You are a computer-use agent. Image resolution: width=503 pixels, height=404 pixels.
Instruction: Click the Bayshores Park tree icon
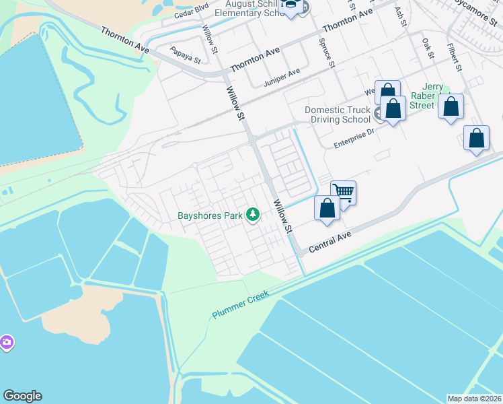coord(253,215)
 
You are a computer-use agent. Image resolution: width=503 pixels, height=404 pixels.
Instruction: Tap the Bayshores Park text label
coord(210,216)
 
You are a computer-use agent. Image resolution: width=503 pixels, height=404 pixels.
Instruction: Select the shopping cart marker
coord(343,193)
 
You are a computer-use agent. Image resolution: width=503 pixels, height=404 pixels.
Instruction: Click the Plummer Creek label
coord(240,304)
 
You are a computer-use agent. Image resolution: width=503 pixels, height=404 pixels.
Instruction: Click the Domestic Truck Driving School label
coord(338,115)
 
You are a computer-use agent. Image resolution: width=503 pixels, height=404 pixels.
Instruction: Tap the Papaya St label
coord(186,55)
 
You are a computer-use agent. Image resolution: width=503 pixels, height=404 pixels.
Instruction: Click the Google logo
coord(22,396)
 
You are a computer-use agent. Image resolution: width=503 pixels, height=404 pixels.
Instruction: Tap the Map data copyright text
coord(474,399)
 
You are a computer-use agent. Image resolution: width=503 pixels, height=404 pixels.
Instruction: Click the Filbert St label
coord(455,58)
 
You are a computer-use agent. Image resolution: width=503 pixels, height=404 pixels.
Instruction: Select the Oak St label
coord(428,48)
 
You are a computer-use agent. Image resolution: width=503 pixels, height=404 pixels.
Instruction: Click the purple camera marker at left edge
coord(6,343)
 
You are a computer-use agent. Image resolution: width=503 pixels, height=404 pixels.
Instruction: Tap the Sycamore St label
coord(479,13)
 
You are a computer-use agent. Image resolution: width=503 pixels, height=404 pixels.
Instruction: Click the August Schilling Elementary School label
coord(256,8)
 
